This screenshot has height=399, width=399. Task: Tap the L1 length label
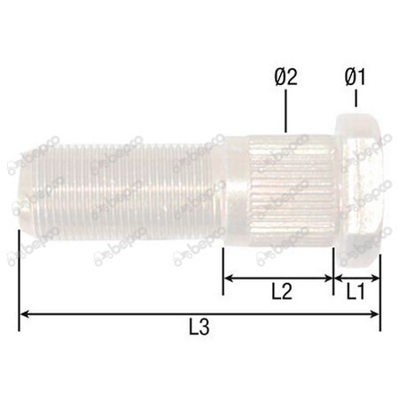356,291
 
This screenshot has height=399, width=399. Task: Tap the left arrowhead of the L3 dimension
24,313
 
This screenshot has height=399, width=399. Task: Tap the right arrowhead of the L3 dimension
376,313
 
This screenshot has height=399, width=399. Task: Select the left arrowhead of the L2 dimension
227,278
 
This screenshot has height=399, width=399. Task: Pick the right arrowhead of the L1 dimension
376,278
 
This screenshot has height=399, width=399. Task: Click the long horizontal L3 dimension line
133,313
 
